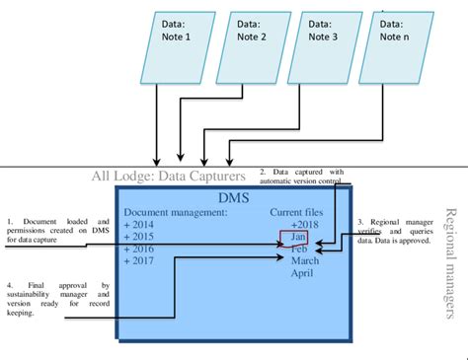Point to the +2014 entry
click(x=142, y=225)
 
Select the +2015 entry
click(x=142, y=238)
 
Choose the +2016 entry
click(x=142, y=251)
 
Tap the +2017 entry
click(x=142, y=263)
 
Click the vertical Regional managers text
click(x=452, y=262)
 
